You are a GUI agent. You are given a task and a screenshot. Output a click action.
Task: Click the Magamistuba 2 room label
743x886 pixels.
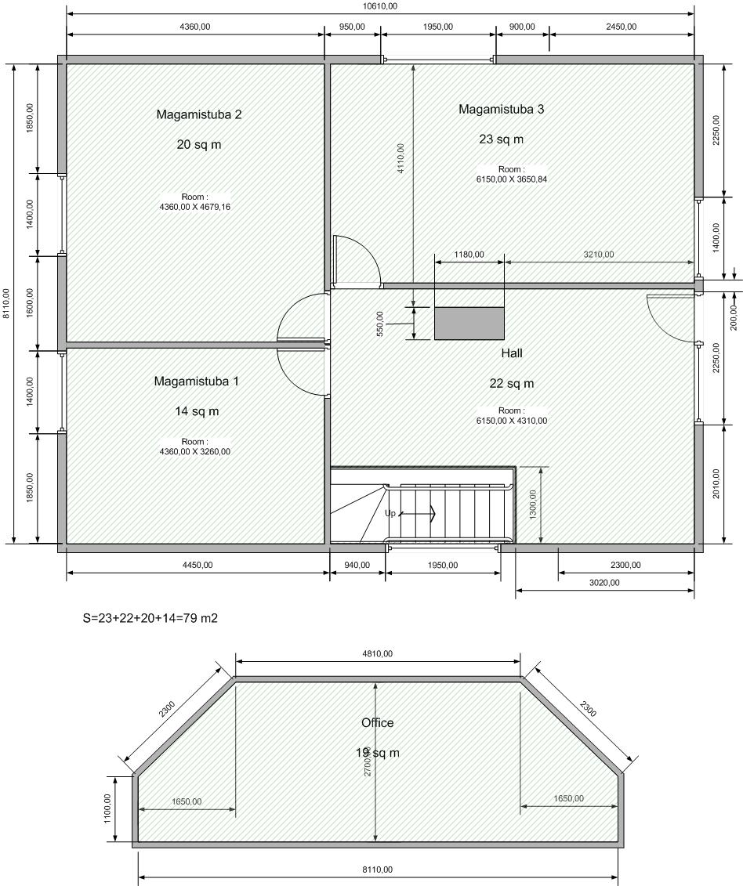pos(199,114)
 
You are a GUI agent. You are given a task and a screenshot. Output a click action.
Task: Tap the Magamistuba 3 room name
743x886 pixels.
pos(501,109)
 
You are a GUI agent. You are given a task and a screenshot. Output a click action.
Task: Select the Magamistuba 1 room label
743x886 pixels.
pos(196,382)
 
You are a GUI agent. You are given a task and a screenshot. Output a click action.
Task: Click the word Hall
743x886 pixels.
pos(512,353)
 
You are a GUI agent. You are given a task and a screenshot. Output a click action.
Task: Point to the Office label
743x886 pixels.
pos(377,723)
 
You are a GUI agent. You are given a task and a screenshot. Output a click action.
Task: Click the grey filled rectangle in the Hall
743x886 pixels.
pos(469,324)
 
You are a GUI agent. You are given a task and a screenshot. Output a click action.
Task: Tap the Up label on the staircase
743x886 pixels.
pos(390,514)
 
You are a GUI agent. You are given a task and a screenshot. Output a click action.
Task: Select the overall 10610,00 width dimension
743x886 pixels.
pos(380,6)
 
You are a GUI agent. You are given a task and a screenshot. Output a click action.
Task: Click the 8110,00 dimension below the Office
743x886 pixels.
pos(377,870)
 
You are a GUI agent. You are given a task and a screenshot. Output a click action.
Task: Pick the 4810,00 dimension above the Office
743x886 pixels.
pos(377,654)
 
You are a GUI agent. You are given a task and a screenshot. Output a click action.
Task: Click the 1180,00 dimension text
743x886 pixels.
pos(469,255)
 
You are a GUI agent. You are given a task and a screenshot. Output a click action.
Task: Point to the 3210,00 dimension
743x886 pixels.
pos(598,255)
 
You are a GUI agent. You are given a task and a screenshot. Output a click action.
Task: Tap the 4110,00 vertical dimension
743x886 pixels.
pos(401,158)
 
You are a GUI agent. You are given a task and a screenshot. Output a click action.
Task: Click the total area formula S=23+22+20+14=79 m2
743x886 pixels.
pos(150,618)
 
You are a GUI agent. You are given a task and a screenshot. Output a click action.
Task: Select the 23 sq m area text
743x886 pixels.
pos(501,139)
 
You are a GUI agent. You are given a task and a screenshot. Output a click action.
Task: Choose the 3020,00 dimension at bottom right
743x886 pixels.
pos(604,583)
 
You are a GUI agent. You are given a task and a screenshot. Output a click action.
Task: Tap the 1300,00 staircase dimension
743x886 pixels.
pos(533,504)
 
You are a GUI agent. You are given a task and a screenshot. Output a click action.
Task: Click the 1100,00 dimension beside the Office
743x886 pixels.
pos(107,808)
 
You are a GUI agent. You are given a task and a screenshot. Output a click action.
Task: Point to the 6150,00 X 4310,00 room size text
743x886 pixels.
pos(512,421)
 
